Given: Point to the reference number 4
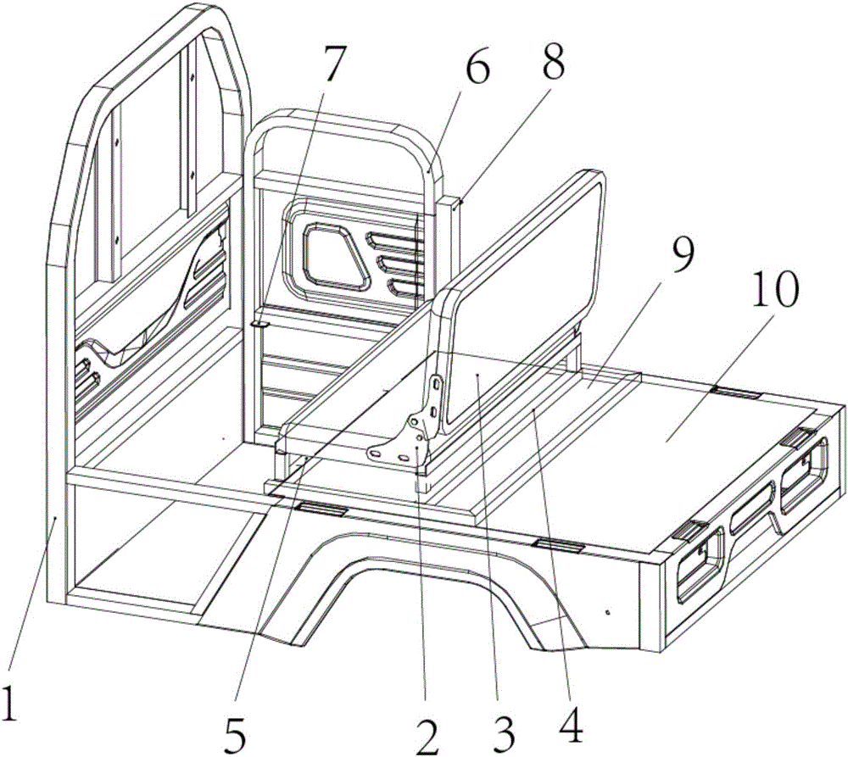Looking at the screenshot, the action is (x=571, y=724).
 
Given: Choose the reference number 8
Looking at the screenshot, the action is (x=553, y=60).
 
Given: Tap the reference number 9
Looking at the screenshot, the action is (x=682, y=255).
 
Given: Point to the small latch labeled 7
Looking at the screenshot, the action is (x=260, y=323).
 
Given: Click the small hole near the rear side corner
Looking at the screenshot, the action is (x=608, y=613).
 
